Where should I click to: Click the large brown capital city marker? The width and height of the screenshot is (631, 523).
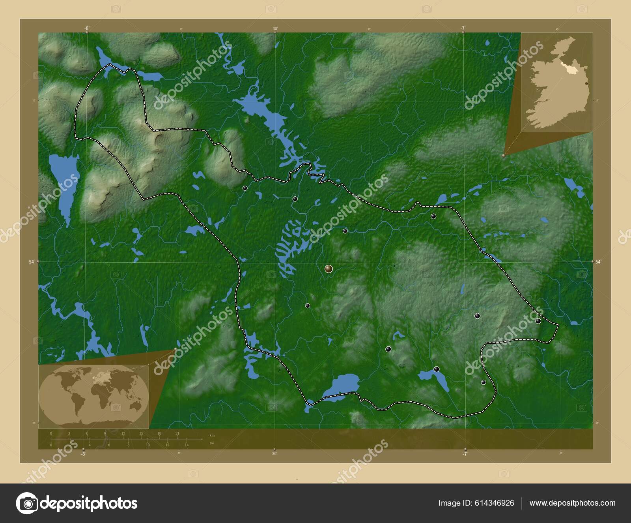coord(329,269)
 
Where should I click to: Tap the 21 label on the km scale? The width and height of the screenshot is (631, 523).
coord(177,433)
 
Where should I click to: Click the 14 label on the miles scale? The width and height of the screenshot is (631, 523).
coord(187,445)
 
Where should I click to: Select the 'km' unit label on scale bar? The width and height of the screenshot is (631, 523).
coord(212,435)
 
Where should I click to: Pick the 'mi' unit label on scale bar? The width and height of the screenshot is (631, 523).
coord(211,443)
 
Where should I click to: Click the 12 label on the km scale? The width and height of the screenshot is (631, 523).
coord(123,433)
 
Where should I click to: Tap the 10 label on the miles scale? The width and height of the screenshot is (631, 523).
coord(148,445)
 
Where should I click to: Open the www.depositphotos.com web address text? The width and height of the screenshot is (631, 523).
coord(572,503)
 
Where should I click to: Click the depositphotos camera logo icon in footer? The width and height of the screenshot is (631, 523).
coord(27,503)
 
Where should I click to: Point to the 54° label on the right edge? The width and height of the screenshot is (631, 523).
coord(598,261)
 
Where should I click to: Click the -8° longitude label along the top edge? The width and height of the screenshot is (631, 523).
coord(86,28)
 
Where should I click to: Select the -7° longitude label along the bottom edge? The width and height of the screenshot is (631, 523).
coord(465,454)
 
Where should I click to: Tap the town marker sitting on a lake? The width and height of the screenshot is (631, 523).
coord(436,369)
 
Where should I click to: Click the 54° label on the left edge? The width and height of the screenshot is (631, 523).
coord(33,261)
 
